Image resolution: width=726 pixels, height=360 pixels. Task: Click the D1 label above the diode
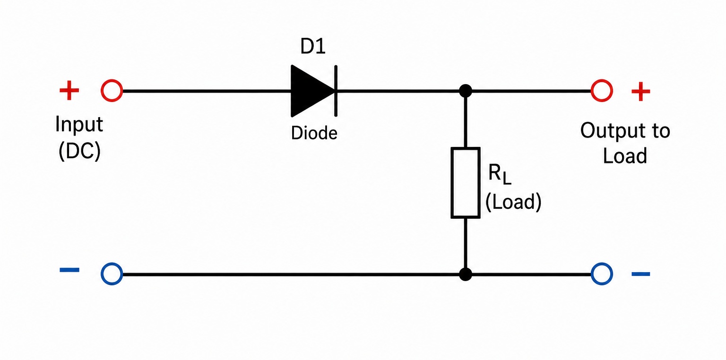[313, 46]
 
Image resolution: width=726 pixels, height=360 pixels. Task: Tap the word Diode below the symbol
[314, 133]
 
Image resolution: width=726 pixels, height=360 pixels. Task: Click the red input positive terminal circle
[112, 91]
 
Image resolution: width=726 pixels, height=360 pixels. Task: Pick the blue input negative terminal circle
[112, 274]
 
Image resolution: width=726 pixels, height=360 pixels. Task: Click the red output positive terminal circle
[602, 91]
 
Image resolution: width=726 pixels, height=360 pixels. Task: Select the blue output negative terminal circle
[602, 274]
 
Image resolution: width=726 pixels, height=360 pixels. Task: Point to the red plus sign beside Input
[69, 90]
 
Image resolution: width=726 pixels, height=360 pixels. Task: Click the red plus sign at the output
[641, 92]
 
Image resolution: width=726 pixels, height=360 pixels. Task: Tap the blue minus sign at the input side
[69, 270]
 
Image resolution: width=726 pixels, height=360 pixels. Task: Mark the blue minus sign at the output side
[641, 274]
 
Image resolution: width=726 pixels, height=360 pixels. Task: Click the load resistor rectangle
[466, 183]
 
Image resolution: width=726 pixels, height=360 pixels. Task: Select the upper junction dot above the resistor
[466, 91]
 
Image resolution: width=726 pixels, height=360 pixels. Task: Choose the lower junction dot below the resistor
[466, 274]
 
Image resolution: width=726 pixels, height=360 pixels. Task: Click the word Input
[79, 125]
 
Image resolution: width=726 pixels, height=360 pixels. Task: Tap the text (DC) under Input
[80, 151]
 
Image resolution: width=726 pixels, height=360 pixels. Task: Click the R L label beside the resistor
[500, 174]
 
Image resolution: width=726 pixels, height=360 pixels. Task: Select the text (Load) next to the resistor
[513, 202]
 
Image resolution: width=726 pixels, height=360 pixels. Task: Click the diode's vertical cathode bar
[336, 91]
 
